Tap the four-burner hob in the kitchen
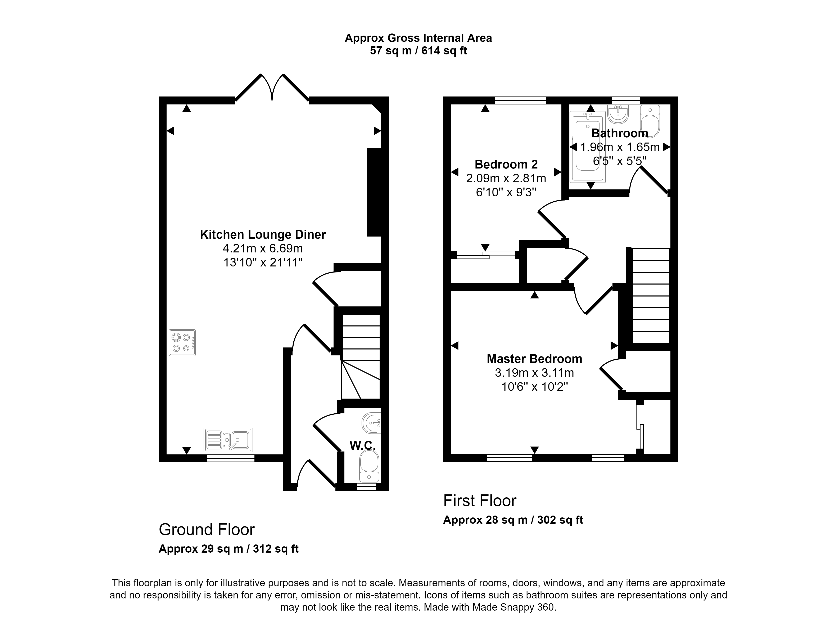click(x=182, y=342)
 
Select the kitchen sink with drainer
click(x=228, y=440)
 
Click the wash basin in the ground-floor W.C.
click(x=372, y=423)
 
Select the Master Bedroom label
click(x=534, y=359)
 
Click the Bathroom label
click(x=619, y=133)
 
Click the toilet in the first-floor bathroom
click(x=650, y=121)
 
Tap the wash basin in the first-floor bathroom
click(x=618, y=114)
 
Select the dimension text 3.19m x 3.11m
click(x=534, y=373)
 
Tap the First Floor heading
click(x=480, y=501)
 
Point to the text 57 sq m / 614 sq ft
click(x=418, y=51)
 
